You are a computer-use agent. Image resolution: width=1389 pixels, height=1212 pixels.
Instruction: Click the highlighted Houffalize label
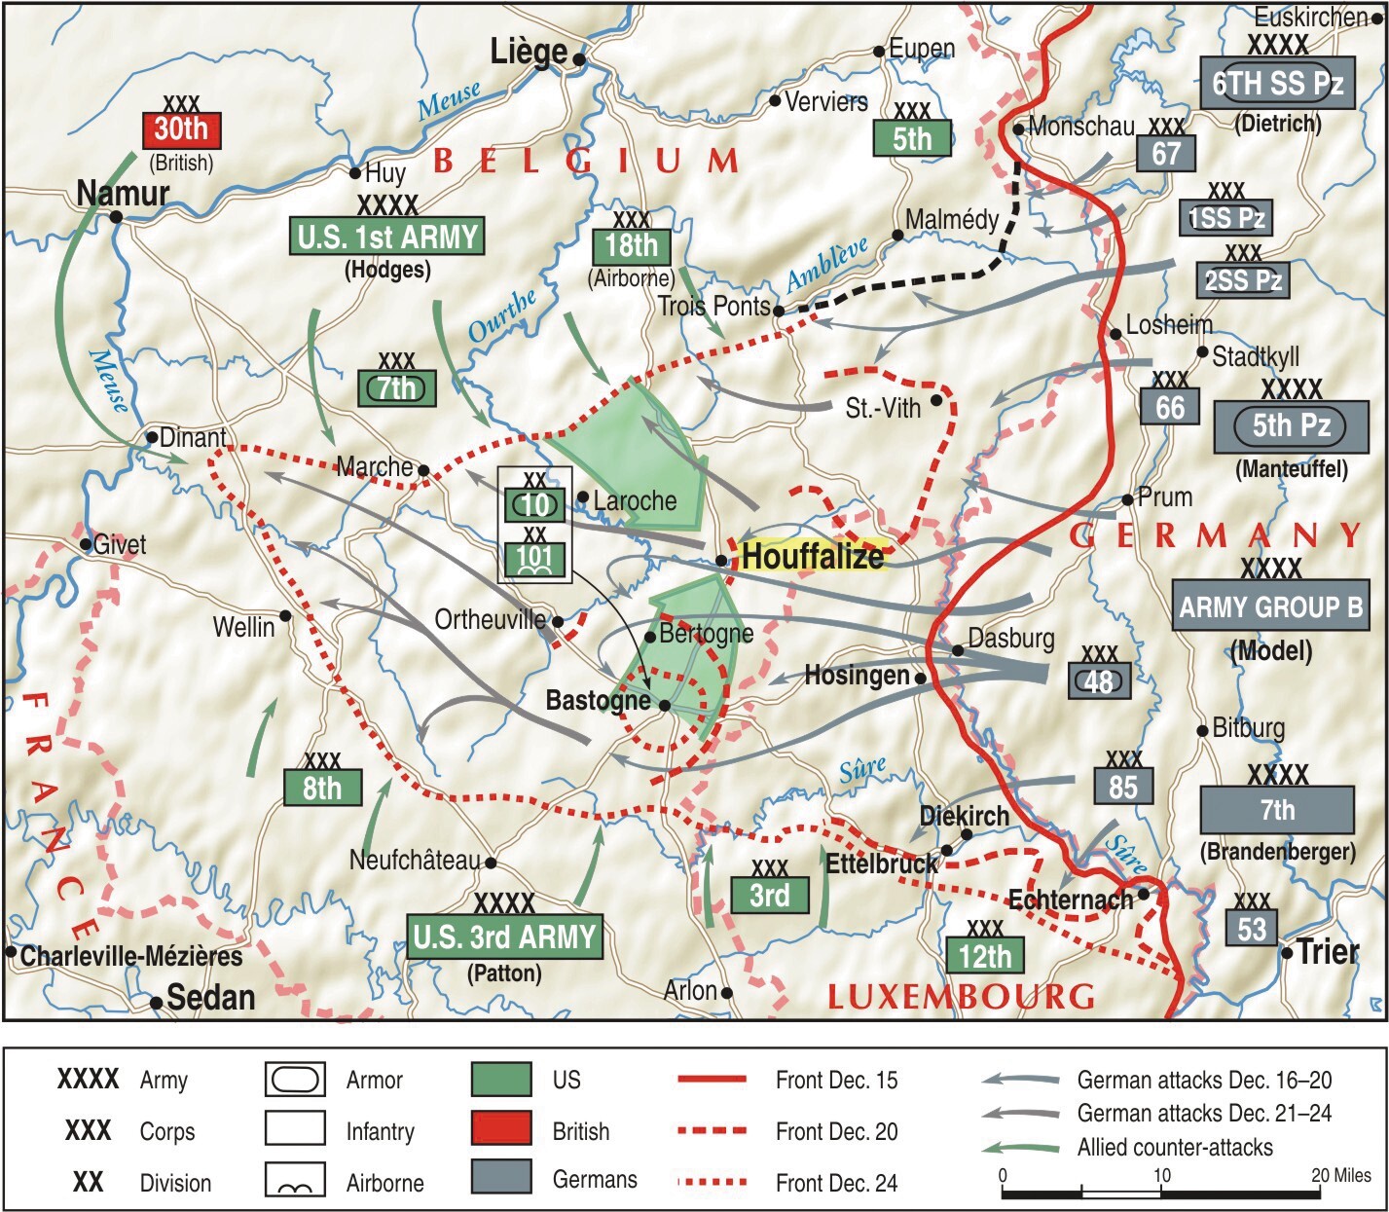(x=812, y=556)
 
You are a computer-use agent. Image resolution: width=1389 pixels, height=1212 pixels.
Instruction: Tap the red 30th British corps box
(x=181, y=129)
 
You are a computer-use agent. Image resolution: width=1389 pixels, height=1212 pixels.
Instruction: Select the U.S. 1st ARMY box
(x=386, y=237)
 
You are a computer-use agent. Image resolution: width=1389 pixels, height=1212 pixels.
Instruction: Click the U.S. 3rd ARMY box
(x=504, y=937)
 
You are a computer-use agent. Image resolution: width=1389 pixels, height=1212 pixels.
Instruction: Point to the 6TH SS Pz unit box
(x=1277, y=83)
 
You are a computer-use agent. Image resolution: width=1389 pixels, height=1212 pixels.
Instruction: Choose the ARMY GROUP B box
(x=1270, y=607)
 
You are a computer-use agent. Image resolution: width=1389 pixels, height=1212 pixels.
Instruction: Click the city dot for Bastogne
(x=664, y=706)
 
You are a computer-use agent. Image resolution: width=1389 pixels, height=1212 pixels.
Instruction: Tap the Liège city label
(x=529, y=52)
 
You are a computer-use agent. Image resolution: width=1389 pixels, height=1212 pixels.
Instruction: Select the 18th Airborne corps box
(x=632, y=245)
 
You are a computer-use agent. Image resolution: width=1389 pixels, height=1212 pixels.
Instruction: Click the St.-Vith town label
(x=882, y=408)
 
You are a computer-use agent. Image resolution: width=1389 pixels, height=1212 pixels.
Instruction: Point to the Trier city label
(x=1328, y=951)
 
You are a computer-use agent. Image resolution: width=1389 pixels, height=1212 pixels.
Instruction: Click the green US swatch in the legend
(x=501, y=1080)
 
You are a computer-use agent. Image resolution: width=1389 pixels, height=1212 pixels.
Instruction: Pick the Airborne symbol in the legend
(x=295, y=1182)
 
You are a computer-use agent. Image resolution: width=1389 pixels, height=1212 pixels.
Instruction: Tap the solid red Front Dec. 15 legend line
(x=712, y=1080)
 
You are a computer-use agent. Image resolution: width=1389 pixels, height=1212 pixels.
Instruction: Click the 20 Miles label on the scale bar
(x=1340, y=1175)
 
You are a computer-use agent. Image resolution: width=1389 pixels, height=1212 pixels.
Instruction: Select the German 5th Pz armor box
(x=1290, y=426)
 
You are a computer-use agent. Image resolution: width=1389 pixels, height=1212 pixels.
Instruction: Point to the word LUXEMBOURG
(x=961, y=997)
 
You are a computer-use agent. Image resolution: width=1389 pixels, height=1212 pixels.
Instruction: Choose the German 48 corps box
(x=1099, y=680)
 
